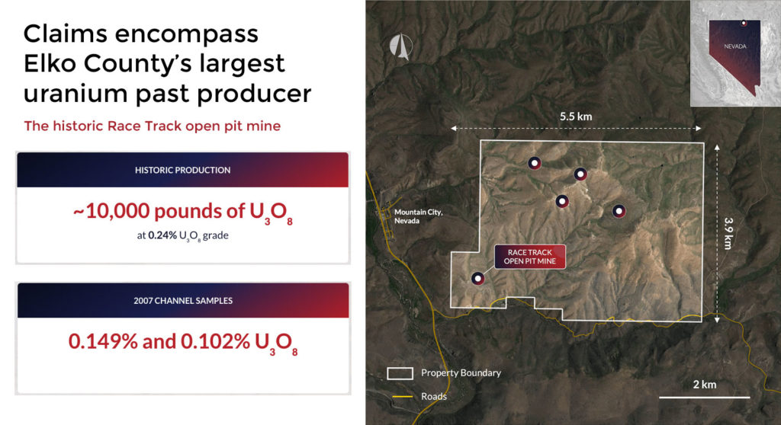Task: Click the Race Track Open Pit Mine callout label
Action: coord(530,257)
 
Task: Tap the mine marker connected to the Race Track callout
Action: coord(477,278)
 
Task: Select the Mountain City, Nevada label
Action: coord(419,216)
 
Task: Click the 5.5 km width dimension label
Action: coord(576,117)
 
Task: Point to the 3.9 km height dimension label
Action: coord(728,233)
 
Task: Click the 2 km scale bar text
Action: coord(704,384)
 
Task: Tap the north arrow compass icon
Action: coord(401,46)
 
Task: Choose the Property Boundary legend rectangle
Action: coord(400,373)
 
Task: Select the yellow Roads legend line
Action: coord(403,397)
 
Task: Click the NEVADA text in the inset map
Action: coord(735,46)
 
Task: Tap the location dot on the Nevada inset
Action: coord(744,23)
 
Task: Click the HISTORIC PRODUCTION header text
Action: coord(183,170)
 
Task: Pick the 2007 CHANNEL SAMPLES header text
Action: coord(183,301)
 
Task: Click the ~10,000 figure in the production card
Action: coord(111,211)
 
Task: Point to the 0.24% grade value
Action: coord(162,235)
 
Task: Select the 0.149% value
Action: coord(103,341)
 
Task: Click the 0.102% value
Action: coord(215,341)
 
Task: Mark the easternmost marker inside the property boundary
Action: coord(619,211)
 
